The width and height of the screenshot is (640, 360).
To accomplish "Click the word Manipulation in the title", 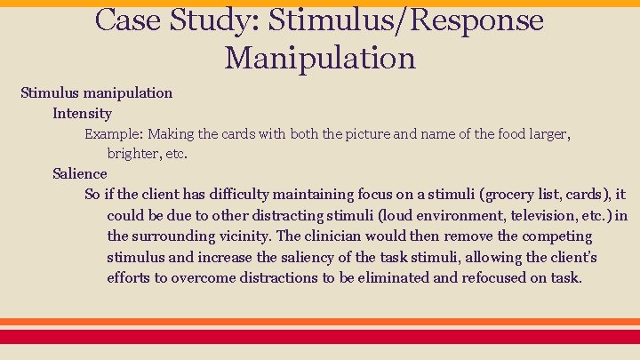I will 320,58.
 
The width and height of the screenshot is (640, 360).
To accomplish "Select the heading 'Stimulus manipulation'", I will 97,92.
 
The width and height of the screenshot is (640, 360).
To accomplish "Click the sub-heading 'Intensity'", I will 82,113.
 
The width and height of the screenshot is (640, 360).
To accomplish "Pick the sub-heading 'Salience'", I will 79,173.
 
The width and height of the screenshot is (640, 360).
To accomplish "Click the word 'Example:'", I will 114,134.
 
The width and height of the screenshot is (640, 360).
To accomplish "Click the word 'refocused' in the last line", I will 493,277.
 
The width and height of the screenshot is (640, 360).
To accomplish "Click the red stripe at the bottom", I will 320,336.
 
